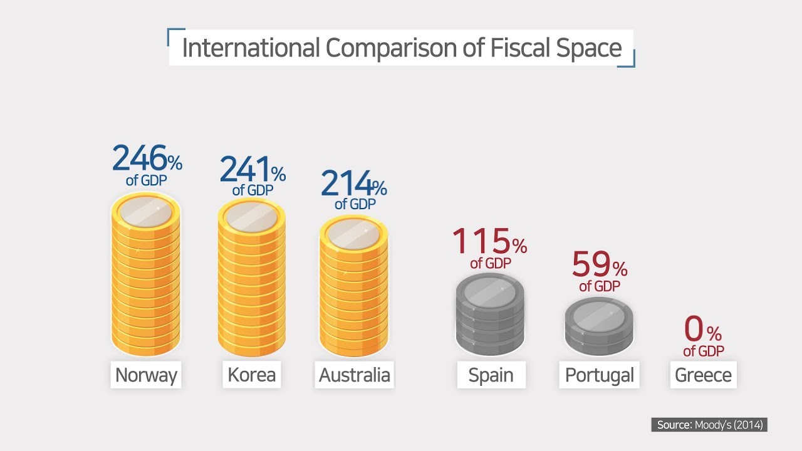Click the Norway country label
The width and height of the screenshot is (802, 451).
point(146,375)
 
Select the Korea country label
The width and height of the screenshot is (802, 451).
point(251,375)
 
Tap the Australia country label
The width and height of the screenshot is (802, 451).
point(354,375)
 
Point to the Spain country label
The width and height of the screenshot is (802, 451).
point(491,375)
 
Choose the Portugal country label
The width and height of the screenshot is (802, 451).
point(599,375)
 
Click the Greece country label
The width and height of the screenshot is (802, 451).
point(703,375)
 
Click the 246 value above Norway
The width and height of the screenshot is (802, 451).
point(140,158)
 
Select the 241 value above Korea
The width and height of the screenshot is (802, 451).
point(246,169)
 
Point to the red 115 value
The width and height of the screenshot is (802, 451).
point(481,241)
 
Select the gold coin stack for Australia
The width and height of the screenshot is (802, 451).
point(353,288)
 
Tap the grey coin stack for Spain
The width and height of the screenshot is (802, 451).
point(490,316)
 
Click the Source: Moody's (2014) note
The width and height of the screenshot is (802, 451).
point(709,425)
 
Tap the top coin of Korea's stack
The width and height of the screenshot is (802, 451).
point(251,217)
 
